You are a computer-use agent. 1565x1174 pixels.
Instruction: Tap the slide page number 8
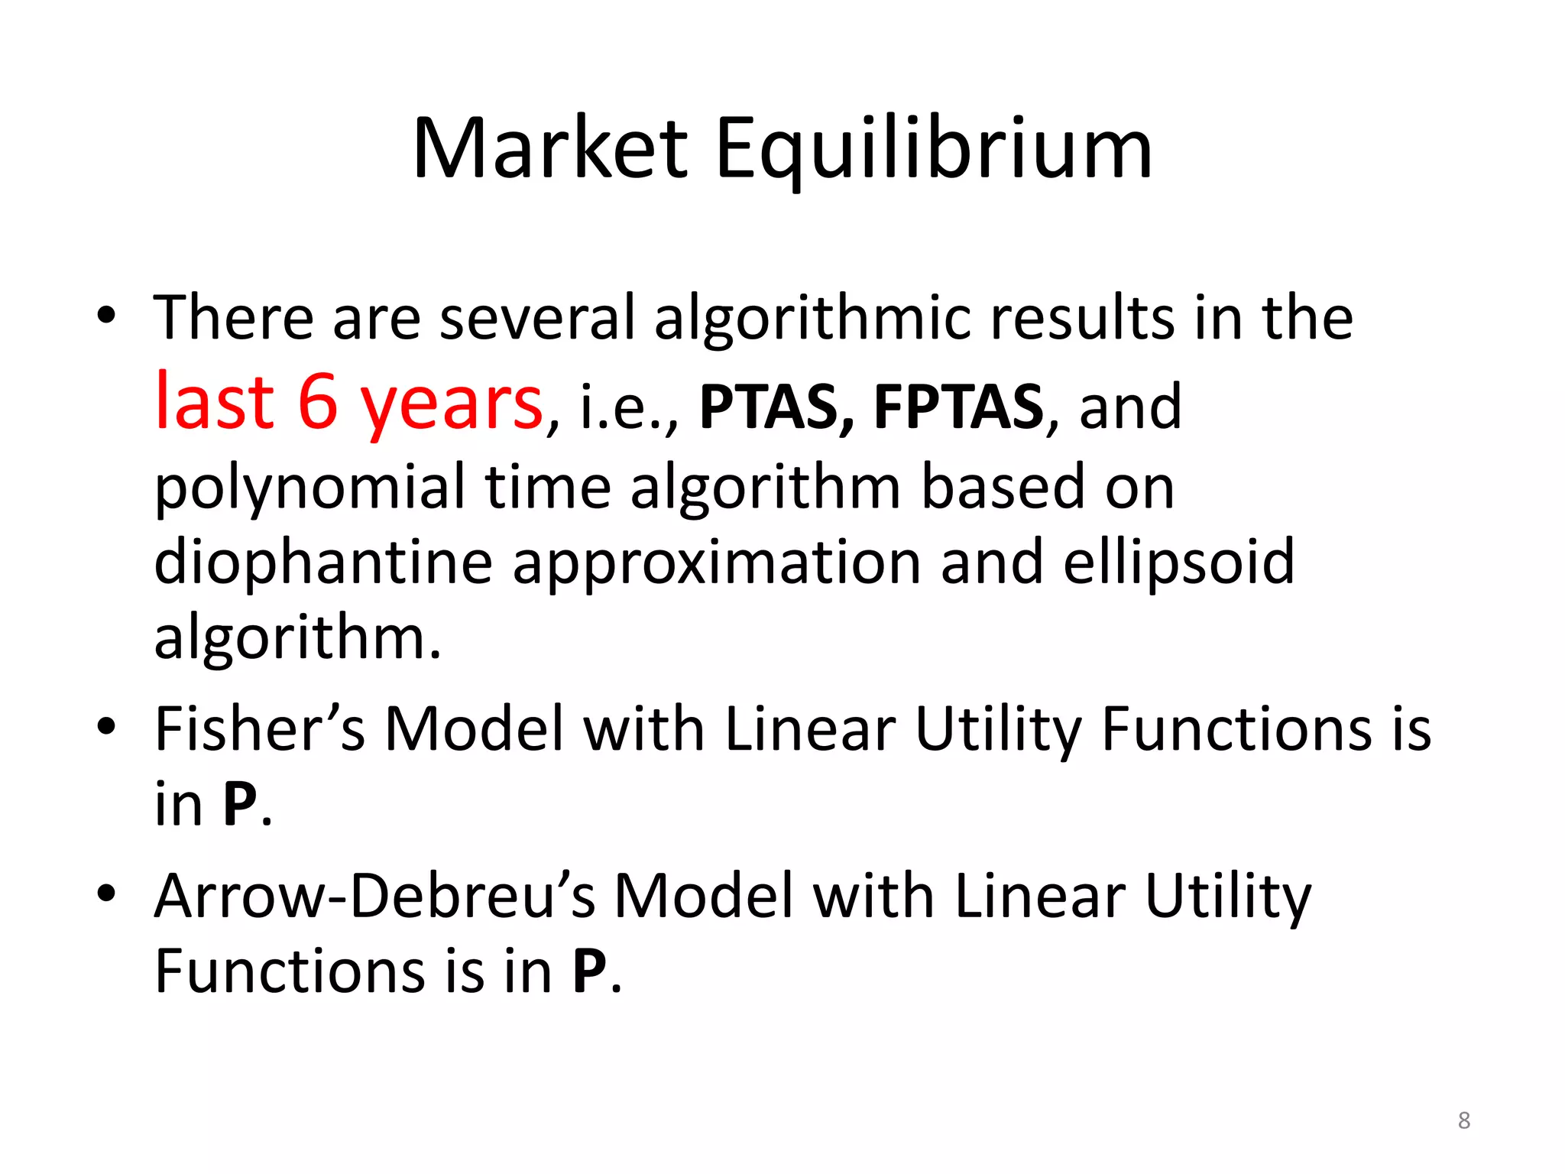point(1463,1120)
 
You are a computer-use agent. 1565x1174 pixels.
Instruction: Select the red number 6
point(318,402)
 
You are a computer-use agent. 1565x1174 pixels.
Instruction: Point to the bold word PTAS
point(776,407)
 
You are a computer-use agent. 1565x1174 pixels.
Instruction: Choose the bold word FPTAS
point(958,407)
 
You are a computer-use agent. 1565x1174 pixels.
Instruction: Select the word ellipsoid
point(1179,563)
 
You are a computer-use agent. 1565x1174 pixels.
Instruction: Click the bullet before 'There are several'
point(106,316)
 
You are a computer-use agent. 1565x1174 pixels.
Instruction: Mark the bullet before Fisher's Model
point(106,726)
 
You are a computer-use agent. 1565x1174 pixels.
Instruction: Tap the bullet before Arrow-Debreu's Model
point(106,893)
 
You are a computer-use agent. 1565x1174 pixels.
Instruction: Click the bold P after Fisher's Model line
point(240,804)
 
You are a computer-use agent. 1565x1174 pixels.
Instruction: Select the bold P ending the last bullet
point(590,971)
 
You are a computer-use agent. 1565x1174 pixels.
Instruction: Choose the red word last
point(214,402)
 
